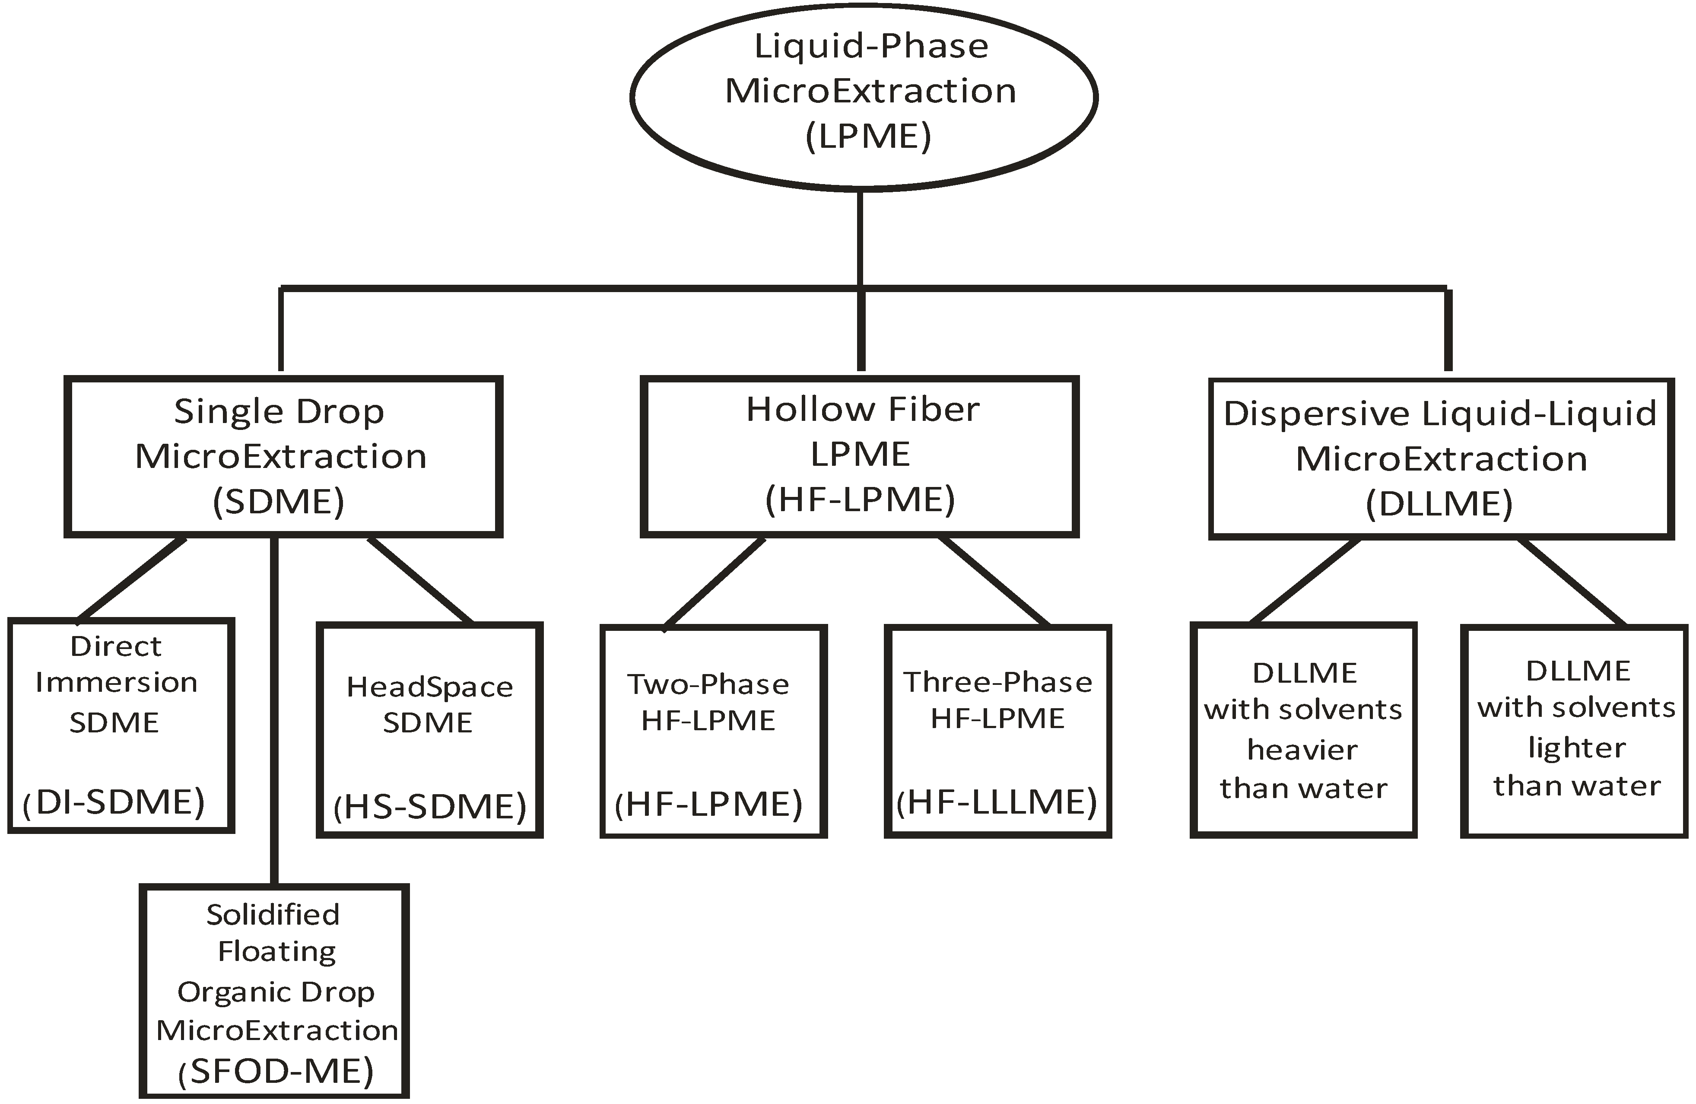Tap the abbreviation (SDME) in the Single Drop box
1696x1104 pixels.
(x=279, y=502)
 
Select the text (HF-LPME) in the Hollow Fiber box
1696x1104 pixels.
(x=860, y=500)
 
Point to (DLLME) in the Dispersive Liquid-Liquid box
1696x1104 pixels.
(x=1439, y=504)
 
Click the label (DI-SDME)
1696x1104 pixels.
(x=114, y=802)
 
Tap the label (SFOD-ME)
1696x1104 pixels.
(x=276, y=1071)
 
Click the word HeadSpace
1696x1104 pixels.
(x=430, y=687)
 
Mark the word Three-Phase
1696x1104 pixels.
(x=997, y=682)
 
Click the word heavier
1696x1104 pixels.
(x=1302, y=750)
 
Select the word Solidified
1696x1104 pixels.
(x=273, y=914)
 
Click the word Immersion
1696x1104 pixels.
(x=116, y=683)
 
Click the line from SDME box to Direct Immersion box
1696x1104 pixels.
(x=132, y=579)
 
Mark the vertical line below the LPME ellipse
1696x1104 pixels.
(x=860, y=239)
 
